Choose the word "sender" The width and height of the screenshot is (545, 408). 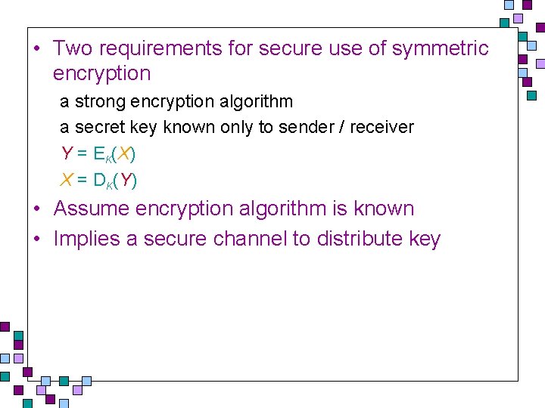307,127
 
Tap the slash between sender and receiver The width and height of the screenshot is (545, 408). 343,127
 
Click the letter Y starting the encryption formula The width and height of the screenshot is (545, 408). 67,153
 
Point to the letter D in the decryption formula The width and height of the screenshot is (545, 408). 99,180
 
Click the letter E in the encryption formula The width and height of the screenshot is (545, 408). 99,153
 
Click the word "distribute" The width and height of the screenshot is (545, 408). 360,239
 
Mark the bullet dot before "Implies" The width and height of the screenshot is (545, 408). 36,240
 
